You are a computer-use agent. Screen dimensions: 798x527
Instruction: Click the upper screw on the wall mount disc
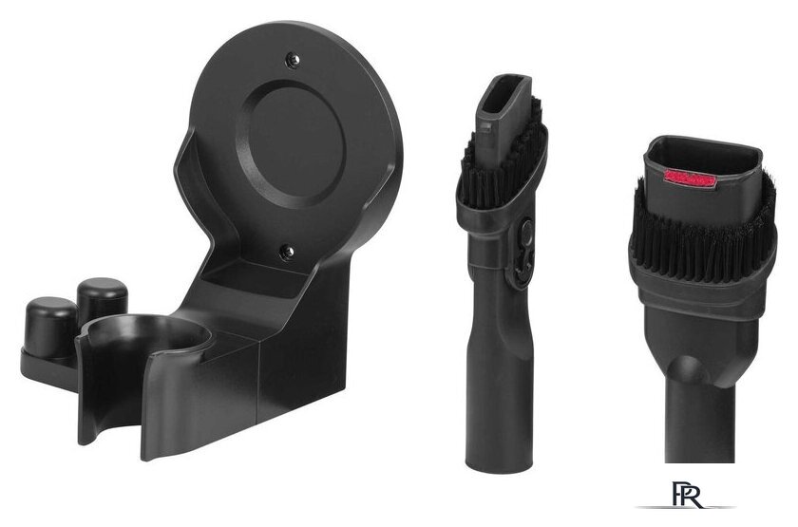pos(293,60)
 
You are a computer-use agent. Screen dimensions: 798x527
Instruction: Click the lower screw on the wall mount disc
pos(287,252)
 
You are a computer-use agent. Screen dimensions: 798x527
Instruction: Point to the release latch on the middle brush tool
pos(524,254)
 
